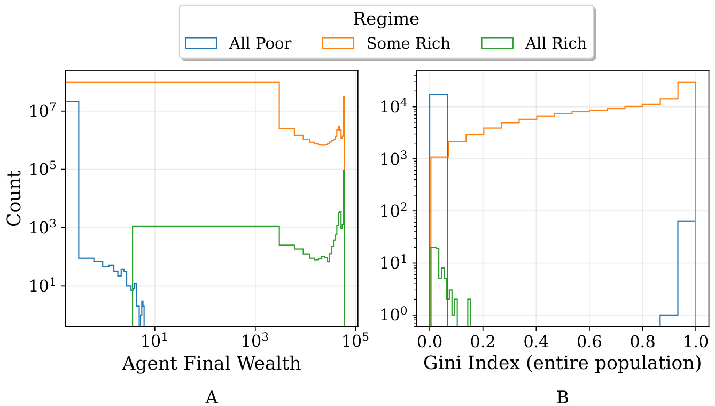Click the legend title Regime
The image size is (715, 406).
[x=386, y=19]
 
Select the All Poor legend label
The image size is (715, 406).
[x=260, y=43]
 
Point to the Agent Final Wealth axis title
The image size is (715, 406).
[x=211, y=364]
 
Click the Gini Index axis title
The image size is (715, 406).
[x=562, y=364]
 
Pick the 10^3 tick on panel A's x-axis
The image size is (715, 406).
[x=255, y=340]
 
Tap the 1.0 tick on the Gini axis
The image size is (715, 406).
[x=695, y=340]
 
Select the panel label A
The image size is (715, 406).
[x=211, y=397]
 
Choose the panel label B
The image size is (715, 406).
[x=562, y=397]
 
